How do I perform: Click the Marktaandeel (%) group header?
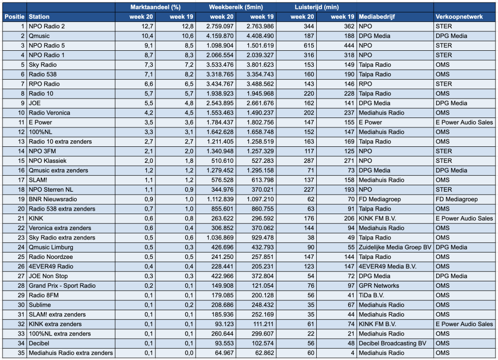click(x=155, y=7)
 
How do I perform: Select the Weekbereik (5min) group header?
click(x=236, y=7)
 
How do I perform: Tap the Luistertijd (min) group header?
click(x=317, y=7)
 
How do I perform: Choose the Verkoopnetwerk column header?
click(x=459, y=17)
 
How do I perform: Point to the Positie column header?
click(x=14, y=17)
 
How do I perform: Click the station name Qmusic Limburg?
click(x=51, y=247)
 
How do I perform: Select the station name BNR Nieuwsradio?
click(x=53, y=199)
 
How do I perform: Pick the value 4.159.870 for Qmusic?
click(x=220, y=36)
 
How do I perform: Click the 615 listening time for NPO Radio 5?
click(x=309, y=45)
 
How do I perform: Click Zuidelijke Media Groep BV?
click(x=395, y=247)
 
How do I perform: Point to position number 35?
click(x=21, y=353)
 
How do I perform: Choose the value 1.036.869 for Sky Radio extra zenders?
click(x=220, y=238)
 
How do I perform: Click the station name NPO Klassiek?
click(x=48, y=161)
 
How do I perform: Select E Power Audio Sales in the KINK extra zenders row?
click(x=464, y=324)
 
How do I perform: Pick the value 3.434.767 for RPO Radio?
click(x=220, y=84)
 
